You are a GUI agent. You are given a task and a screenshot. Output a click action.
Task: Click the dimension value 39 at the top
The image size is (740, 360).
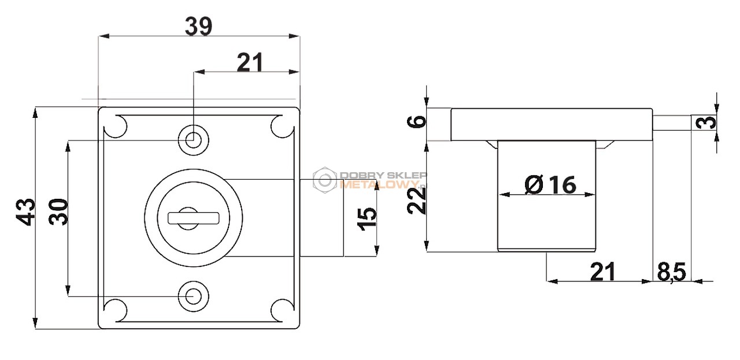pyautogui.click(x=198, y=27)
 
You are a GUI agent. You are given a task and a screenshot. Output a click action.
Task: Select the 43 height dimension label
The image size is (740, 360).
pyautogui.click(x=26, y=212)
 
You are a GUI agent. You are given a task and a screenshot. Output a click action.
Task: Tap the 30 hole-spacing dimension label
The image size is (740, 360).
pyautogui.click(x=58, y=211)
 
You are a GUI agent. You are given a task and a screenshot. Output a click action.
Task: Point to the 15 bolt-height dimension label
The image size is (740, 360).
pyautogui.click(x=367, y=218)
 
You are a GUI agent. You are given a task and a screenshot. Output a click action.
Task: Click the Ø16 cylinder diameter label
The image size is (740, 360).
pyautogui.click(x=550, y=184)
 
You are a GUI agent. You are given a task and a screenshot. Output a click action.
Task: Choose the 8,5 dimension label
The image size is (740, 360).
pyautogui.click(x=671, y=272)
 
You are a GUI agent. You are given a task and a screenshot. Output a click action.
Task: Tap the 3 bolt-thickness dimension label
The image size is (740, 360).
pyautogui.click(x=706, y=123)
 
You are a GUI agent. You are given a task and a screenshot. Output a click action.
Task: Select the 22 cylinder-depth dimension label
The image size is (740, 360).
pyautogui.click(x=416, y=201)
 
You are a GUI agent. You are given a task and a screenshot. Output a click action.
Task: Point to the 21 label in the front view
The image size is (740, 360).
pyautogui.click(x=250, y=62)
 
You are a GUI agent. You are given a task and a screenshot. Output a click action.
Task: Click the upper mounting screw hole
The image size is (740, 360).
pyautogui.click(x=194, y=140)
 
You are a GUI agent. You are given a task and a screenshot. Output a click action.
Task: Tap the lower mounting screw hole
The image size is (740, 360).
pyautogui.click(x=194, y=296)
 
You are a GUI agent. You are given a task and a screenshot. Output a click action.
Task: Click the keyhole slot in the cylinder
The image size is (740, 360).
pyautogui.click(x=194, y=218)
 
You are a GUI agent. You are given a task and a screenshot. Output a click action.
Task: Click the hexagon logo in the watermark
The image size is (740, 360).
pyautogui.click(x=325, y=180)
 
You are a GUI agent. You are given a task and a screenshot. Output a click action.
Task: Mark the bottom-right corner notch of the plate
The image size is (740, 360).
pyautogui.click(x=283, y=310)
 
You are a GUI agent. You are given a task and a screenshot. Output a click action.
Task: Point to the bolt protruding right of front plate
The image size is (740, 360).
pyautogui.click(x=322, y=218)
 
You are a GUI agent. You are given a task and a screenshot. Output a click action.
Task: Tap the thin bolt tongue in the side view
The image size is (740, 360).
pyautogui.click(x=672, y=123)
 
